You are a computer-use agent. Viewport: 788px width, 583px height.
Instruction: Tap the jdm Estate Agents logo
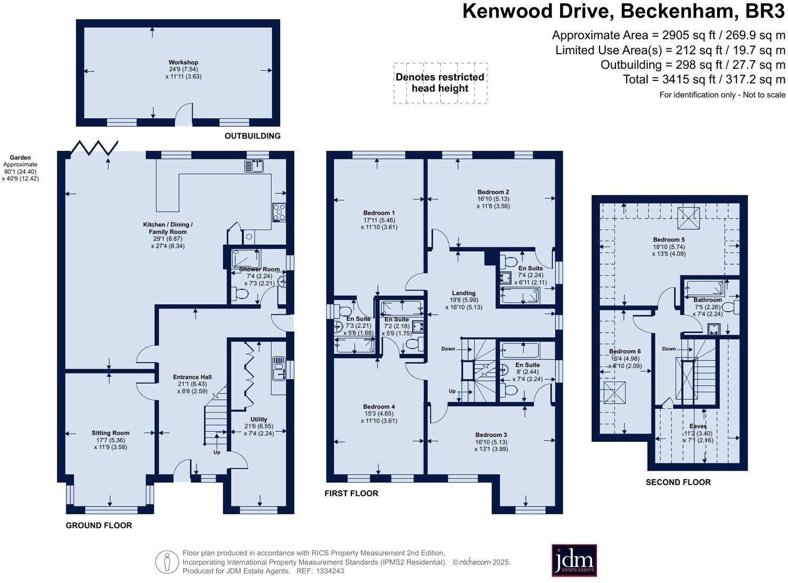tap(574, 560)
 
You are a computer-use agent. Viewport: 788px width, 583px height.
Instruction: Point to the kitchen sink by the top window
tap(254, 166)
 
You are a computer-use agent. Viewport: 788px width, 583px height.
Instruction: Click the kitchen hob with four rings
tap(278, 213)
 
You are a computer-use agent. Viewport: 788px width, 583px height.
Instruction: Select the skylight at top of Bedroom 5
tap(688, 218)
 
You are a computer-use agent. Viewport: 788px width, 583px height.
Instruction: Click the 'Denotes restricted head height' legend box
tap(440, 83)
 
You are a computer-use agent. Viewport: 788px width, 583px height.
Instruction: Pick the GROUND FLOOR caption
tap(98, 525)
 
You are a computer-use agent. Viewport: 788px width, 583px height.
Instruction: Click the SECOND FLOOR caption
tap(678, 482)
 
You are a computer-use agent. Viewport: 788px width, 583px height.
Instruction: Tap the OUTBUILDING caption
tap(252, 136)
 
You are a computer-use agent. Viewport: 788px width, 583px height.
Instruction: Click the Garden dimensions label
tap(20, 168)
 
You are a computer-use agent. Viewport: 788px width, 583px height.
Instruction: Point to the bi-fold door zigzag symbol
tap(94, 147)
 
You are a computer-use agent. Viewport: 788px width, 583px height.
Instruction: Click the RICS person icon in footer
tap(167, 562)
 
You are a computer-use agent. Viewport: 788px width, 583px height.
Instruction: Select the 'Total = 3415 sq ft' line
tap(704, 79)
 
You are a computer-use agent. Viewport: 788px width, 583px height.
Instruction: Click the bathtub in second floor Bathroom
tap(704, 288)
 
